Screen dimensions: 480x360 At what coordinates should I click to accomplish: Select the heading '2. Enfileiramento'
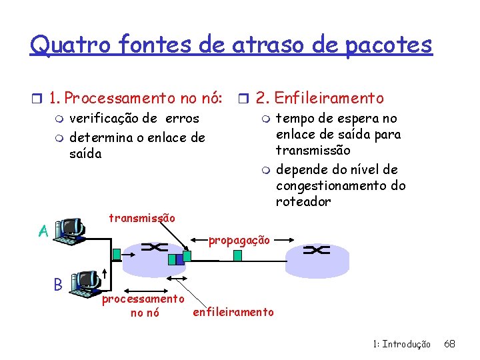pos(320,99)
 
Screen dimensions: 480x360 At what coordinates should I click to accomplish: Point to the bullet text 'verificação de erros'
pos(134,119)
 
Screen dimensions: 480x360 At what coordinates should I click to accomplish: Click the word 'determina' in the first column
pos(97,138)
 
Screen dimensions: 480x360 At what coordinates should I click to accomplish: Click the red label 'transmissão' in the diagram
pos(142,218)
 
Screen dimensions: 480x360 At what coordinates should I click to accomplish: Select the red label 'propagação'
pos(239,240)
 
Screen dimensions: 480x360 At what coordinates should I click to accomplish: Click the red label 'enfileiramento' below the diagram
pos(233,311)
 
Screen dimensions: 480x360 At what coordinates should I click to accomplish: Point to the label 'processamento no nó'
pos(143,306)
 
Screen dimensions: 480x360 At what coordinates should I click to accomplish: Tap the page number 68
pos(449,344)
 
